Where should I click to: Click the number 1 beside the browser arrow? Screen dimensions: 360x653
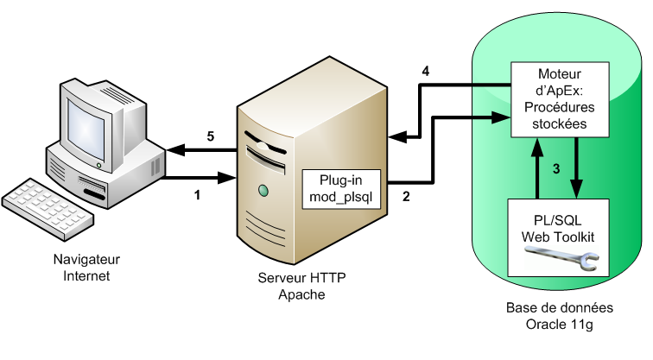[198, 194]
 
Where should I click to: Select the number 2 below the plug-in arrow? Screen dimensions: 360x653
[406, 195]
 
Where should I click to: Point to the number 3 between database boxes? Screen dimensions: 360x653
[558, 168]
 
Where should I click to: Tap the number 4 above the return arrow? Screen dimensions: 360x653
[425, 71]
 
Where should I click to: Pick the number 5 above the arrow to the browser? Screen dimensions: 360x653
[210, 136]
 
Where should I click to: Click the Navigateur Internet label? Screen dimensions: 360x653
[86, 267]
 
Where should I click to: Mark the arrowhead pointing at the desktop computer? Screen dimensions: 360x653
[172, 151]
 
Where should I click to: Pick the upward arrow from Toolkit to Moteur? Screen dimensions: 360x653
[538, 167]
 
